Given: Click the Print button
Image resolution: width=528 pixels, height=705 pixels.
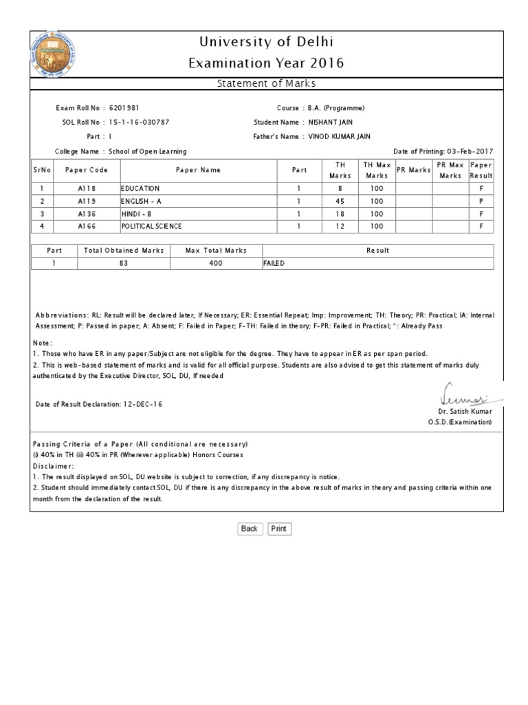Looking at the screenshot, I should coord(278,529).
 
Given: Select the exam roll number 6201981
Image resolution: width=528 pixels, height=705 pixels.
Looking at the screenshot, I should coord(124,108).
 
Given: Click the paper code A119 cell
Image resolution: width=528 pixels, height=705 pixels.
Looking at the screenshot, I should coord(87,201).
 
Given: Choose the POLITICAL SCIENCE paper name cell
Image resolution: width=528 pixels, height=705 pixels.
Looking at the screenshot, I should coord(152,226).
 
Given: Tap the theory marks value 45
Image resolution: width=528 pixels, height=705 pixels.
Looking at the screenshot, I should coord(339,201).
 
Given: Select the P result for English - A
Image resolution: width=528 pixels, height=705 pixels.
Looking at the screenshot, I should coord(481,201).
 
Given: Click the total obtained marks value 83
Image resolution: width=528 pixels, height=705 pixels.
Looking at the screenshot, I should coord(124,263).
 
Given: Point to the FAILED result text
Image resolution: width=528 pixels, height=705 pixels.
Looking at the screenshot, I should coord(274,263).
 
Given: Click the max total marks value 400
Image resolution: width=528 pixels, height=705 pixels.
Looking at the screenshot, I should coord(215,263).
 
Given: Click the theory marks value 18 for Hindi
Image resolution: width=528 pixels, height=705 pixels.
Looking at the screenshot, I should coord(339,213).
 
